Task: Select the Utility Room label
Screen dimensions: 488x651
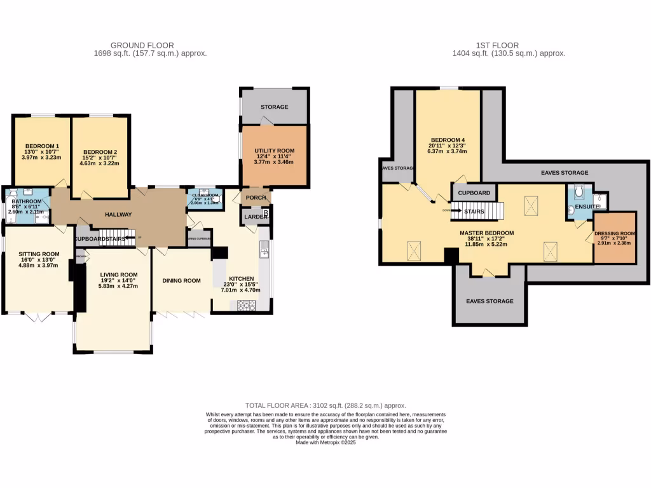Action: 274,151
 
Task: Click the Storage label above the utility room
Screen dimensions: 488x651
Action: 274,107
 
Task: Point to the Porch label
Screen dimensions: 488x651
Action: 256,198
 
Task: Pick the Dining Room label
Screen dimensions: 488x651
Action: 181,281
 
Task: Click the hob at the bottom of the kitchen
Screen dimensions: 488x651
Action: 246,305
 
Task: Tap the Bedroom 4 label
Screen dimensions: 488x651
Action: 448,140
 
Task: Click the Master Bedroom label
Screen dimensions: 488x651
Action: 487,233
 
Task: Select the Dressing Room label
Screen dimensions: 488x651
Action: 615,233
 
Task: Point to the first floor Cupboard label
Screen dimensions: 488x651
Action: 474,193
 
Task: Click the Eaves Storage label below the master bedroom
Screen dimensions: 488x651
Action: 490,301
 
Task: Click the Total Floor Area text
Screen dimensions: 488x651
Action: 325,405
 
